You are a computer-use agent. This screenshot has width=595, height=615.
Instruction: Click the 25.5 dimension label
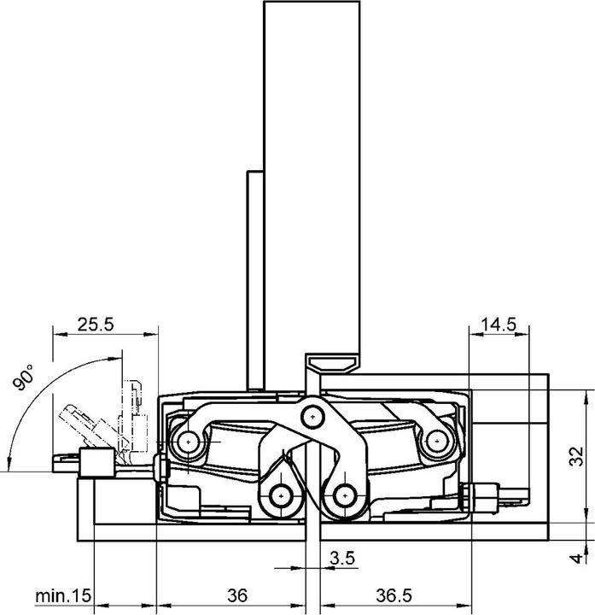96,324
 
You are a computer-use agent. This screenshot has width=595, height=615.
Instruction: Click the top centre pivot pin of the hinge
313,415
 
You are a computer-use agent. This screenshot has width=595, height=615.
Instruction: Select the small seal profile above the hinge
333,362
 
